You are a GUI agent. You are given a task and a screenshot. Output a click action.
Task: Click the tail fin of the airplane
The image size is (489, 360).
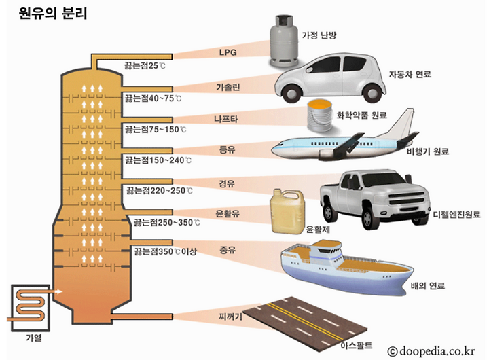tap(405, 122)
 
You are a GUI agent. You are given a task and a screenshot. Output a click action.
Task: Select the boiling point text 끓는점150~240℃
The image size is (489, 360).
tap(158, 161)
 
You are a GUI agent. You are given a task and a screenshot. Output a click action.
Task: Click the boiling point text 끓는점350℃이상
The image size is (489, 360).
tap(166, 251)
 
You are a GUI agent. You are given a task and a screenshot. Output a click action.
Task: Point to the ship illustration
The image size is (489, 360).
tap(343, 265)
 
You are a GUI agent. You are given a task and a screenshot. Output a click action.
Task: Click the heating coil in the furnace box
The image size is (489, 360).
tap(27, 304)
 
